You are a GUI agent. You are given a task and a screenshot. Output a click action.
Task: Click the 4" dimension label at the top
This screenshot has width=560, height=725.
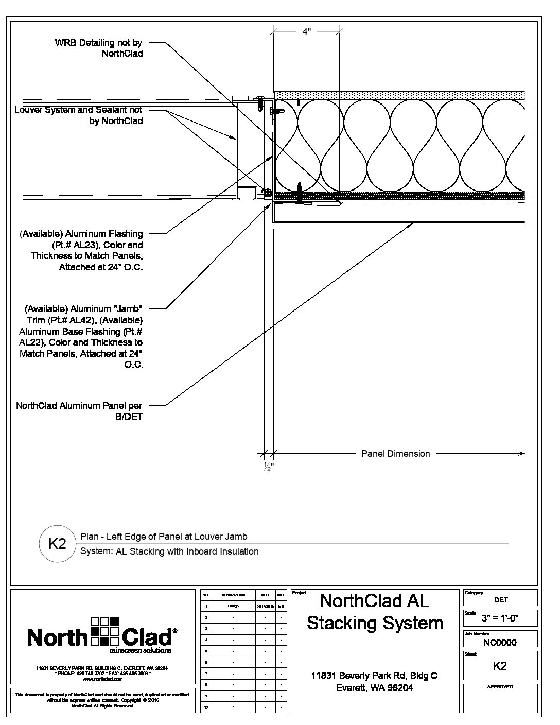pyautogui.click(x=306, y=32)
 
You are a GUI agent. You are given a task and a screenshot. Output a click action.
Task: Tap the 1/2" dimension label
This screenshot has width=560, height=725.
pyautogui.click(x=268, y=467)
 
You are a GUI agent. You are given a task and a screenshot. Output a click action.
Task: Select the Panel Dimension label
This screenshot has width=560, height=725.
pyautogui.click(x=395, y=454)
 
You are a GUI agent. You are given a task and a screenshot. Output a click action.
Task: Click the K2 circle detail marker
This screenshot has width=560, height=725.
pyautogui.click(x=57, y=543)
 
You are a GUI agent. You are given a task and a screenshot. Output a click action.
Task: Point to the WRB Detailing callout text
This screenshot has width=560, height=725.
pyautogui.click(x=98, y=48)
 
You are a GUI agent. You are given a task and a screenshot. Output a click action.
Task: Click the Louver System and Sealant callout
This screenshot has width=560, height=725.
pyautogui.click(x=78, y=115)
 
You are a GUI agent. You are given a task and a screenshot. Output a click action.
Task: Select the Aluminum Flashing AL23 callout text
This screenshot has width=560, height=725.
pyautogui.click(x=81, y=251)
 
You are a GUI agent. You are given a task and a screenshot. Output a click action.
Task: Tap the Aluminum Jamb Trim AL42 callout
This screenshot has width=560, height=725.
pyautogui.click(x=81, y=337)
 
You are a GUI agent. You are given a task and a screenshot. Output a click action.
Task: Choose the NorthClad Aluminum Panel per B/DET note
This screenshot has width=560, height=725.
pyautogui.click(x=79, y=411)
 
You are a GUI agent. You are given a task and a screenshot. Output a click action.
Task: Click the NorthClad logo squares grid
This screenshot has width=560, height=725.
pyautogui.click(x=104, y=631)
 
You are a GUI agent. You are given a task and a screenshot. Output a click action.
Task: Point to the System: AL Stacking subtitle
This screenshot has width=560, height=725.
pyautogui.click(x=169, y=551)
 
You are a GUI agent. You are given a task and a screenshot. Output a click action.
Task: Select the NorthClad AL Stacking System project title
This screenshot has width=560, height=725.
pyautogui.click(x=375, y=612)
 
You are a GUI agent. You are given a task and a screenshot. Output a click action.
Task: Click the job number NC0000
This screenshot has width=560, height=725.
pyautogui.click(x=500, y=642)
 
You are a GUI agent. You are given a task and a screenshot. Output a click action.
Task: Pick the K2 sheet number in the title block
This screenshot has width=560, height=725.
pyautogui.click(x=500, y=666)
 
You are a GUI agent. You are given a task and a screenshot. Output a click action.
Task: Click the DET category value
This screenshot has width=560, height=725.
pyautogui.click(x=500, y=599)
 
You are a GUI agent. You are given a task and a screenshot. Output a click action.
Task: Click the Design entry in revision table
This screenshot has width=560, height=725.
pyautogui.click(x=233, y=606)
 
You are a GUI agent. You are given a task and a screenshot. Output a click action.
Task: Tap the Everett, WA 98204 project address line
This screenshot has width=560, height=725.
pyautogui.click(x=374, y=688)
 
